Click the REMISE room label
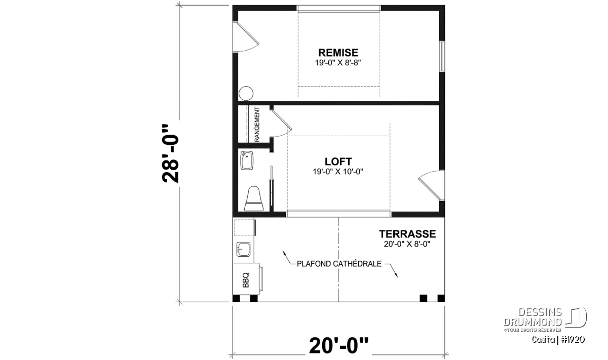(338, 52)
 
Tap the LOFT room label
(338, 162)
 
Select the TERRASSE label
(407, 234)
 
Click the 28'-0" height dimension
(170, 153)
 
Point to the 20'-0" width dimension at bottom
(339, 345)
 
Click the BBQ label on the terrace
(246, 280)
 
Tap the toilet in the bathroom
(254, 198)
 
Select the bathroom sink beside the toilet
(247, 161)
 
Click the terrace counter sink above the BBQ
(244, 249)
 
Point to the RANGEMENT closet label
(257, 124)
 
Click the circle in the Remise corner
(246, 93)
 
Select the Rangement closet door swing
(281, 124)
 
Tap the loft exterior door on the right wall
(432, 185)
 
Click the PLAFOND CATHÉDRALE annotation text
(339, 264)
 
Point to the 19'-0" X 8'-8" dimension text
(338, 63)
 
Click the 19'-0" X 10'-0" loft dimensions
(338, 172)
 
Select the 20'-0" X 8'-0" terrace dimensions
(407, 244)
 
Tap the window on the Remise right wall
(442, 56)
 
